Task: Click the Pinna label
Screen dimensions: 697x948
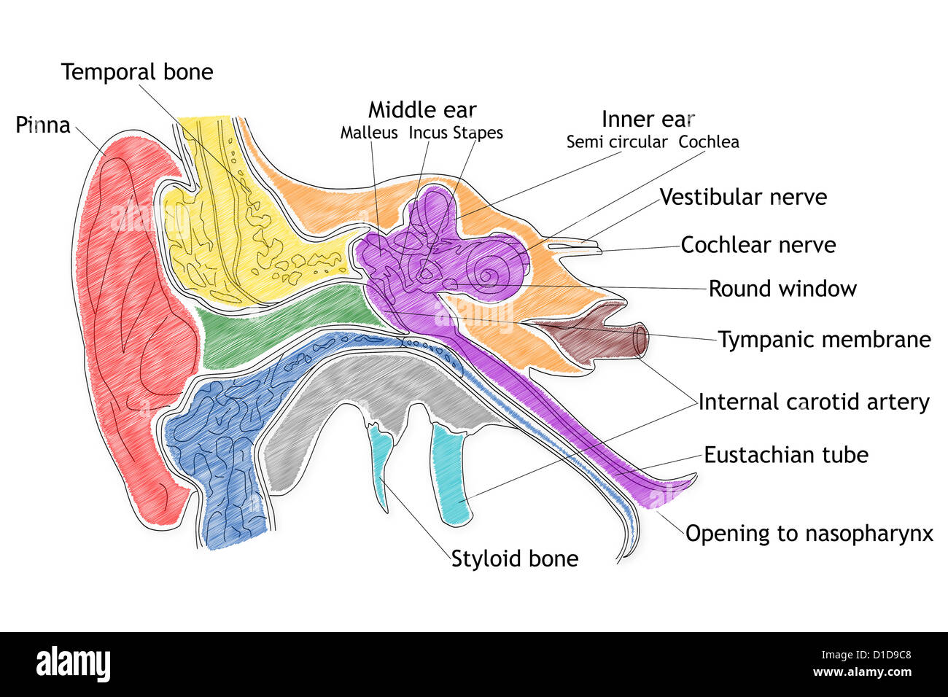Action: click(43, 125)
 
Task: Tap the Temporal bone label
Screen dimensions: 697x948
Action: click(137, 72)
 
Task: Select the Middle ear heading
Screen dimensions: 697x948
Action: click(421, 110)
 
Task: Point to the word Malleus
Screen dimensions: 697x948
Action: click(369, 133)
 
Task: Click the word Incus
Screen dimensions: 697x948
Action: click(428, 133)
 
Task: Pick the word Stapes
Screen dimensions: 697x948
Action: click(478, 133)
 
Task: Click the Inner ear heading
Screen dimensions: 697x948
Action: click(648, 119)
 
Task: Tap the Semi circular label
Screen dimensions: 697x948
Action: click(617, 142)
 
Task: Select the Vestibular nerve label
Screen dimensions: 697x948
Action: click(743, 197)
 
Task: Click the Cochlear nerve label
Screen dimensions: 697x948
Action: click(758, 245)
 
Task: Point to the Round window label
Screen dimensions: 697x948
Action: click(782, 289)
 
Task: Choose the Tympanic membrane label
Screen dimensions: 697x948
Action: click(825, 340)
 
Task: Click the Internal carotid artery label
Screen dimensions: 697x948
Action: click(814, 402)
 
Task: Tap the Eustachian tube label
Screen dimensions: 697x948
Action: click(786, 455)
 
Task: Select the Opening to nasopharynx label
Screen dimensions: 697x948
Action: click(809, 533)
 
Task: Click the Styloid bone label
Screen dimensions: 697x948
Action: click(515, 558)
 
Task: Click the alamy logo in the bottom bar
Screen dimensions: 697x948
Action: click(73, 665)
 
